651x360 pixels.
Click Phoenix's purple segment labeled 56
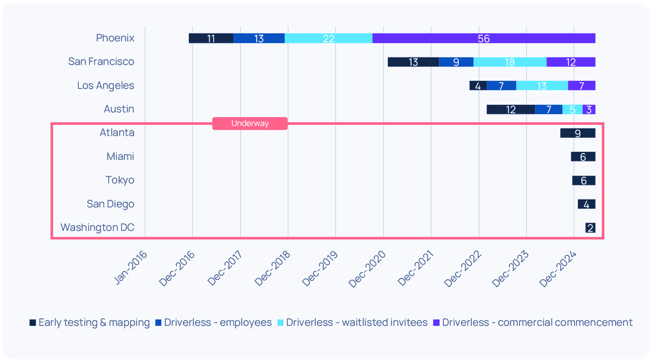point(483,38)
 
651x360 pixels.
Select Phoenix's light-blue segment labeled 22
point(328,38)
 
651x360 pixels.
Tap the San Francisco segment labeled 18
point(509,62)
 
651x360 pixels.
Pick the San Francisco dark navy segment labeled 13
point(413,62)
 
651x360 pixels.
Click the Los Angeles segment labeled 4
point(478,86)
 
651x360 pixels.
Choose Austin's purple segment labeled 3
point(589,110)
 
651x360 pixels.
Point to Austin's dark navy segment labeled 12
point(510,110)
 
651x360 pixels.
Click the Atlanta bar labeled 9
point(578,133)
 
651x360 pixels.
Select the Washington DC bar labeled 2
point(590,228)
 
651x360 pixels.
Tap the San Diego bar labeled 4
point(586,204)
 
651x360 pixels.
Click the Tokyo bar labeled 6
point(584,181)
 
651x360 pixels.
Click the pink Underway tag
point(250,124)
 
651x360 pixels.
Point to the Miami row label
point(120,157)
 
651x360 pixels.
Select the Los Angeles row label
point(105,86)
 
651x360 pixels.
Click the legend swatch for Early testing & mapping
point(33,323)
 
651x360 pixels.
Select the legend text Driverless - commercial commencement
point(537,323)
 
